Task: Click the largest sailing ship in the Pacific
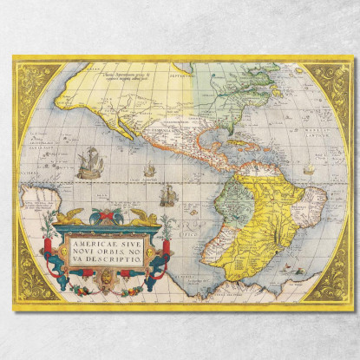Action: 90,162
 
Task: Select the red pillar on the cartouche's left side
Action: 61,252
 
